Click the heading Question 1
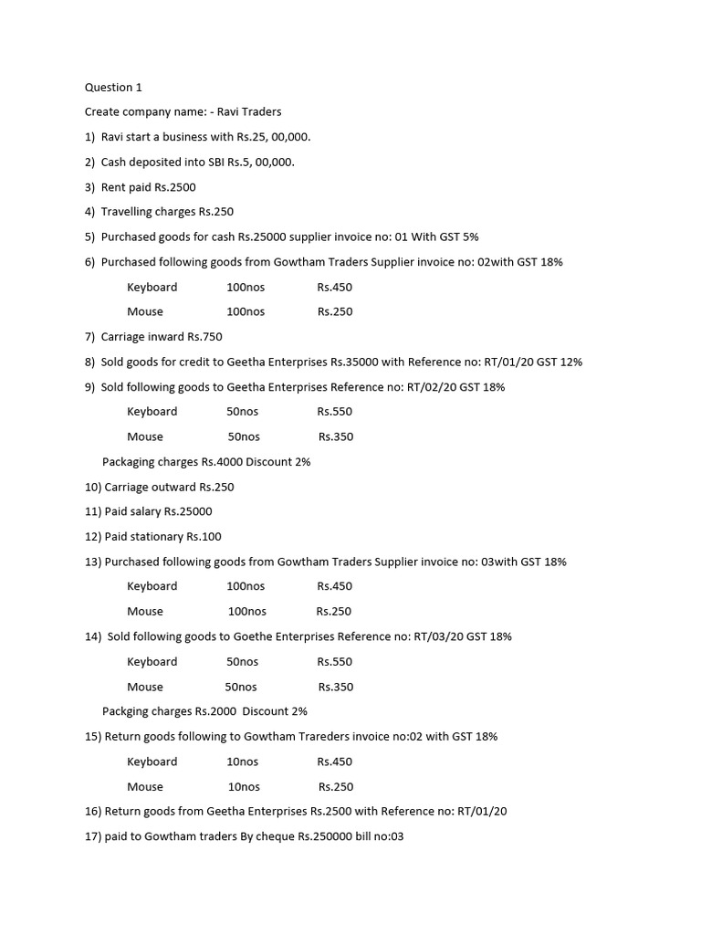tap(113, 88)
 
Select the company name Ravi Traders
tap(249, 112)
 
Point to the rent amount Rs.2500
tap(175, 187)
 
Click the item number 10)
tap(93, 487)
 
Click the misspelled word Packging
tap(125, 711)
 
